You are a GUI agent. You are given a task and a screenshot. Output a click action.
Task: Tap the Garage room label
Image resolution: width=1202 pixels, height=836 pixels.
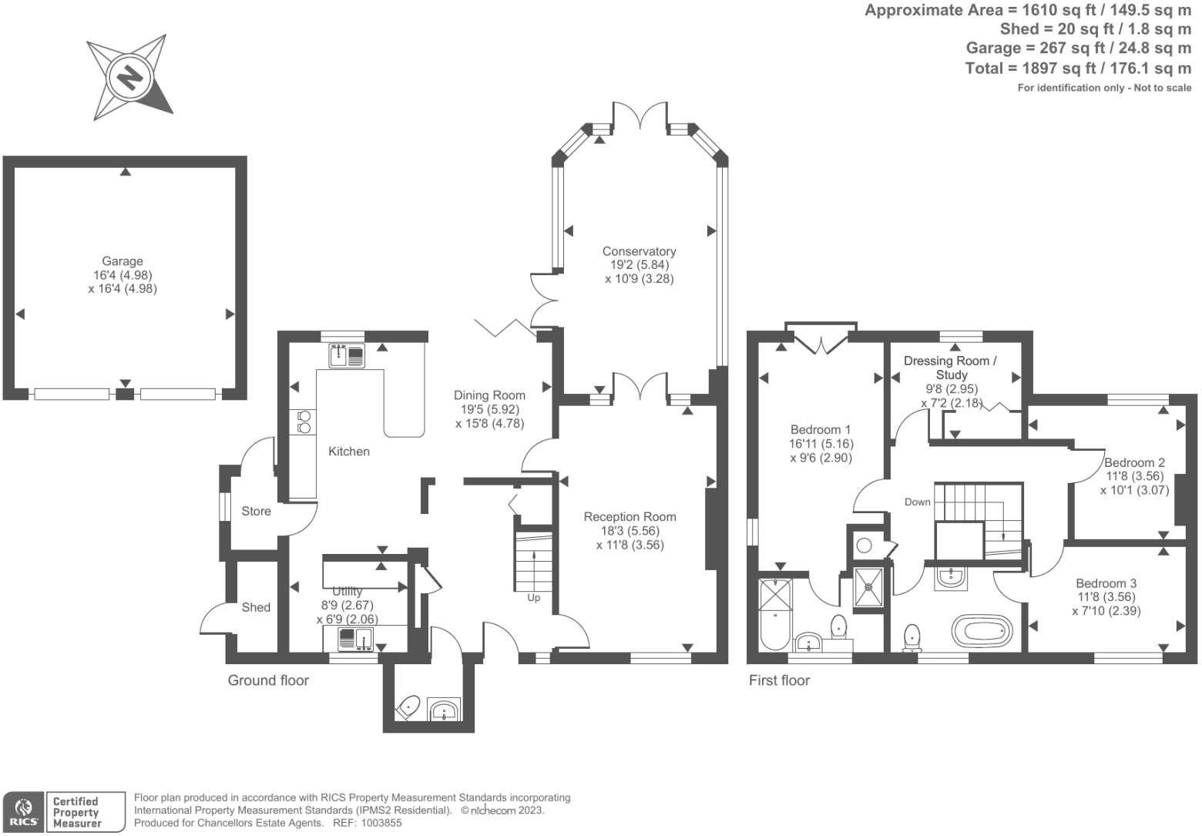(x=123, y=261)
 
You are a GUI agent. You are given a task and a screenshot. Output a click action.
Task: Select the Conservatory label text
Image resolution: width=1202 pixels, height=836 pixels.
(x=639, y=251)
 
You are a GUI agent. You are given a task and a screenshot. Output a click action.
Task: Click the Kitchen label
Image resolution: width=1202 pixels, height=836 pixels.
(x=349, y=452)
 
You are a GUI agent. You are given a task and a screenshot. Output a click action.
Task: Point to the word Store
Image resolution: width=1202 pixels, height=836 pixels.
(x=256, y=511)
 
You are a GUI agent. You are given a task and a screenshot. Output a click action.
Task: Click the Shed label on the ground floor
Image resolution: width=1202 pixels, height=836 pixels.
(x=256, y=607)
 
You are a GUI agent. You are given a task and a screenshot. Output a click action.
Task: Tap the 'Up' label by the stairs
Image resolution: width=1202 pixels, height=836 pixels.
(x=533, y=598)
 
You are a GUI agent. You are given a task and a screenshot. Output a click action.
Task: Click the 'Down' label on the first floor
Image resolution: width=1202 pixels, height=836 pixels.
(x=918, y=502)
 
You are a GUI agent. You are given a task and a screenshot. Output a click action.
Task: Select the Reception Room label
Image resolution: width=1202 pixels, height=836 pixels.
(x=630, y=517)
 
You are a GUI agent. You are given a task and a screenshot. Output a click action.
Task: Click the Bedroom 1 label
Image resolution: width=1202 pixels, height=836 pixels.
(x=821, y=429)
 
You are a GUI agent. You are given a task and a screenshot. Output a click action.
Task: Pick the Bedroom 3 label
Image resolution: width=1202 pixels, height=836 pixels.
(x=1106, y=583)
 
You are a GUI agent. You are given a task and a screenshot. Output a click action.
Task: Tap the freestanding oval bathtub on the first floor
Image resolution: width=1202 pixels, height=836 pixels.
(x=982, y=630)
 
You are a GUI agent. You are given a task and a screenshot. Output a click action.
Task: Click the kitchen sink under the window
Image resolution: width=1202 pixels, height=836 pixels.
(x=348, y=356)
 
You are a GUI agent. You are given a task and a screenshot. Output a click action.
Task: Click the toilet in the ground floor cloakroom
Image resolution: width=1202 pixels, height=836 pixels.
(x=408, y=707)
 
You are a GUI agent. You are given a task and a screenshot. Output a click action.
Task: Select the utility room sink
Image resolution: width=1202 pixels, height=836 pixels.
(x=355, y=639)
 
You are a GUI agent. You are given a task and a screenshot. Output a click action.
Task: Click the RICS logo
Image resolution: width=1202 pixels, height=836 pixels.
(x=24, y=812)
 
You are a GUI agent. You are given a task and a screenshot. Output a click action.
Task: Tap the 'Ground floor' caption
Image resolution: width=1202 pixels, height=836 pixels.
(x=268, y=680)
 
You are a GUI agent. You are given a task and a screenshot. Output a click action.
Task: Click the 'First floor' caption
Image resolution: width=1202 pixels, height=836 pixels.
(x=779, y=680)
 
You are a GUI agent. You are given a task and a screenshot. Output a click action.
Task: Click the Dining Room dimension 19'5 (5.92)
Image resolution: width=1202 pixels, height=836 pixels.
(x=490, y=409)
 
